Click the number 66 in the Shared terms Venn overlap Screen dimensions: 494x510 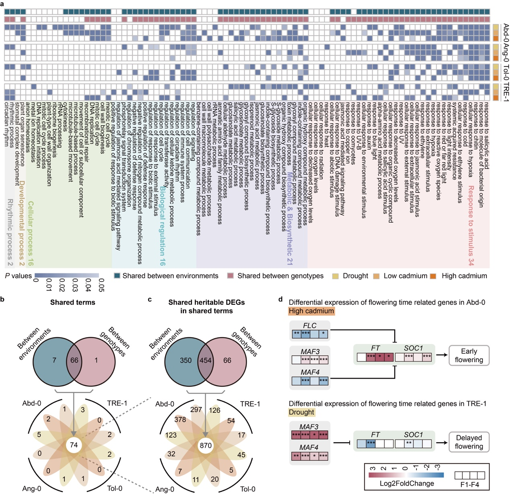(x=74, y=360)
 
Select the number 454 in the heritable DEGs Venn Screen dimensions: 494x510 (x=205, y=360)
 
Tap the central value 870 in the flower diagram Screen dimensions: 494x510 (x=205, y=445)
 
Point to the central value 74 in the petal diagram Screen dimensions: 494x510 (x=74, y=445)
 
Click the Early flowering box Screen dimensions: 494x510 (x=469, y=355)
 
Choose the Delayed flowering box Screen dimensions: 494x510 (x=469, y=442)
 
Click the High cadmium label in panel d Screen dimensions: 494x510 (x=311, y=311)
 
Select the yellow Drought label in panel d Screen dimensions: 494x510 (x=301, y=412)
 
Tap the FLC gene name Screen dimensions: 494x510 (x=309, y=326)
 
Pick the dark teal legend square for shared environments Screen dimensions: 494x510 (x=117, y=276)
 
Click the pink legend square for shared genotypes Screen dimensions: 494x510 (x=231, y=276)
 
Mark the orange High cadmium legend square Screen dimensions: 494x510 (x=433, y=276)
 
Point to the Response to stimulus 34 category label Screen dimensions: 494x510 (x=471, y=225)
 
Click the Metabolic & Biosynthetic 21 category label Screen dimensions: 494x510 (x=289, y=219)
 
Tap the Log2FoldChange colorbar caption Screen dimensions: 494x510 (x=407, y=484)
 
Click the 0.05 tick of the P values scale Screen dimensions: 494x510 (x=101, y=285)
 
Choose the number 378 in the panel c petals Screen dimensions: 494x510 (x=180, y=420)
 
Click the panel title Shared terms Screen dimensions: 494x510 (x=73, y=302)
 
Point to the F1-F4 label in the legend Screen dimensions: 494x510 (x=469, y=485)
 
